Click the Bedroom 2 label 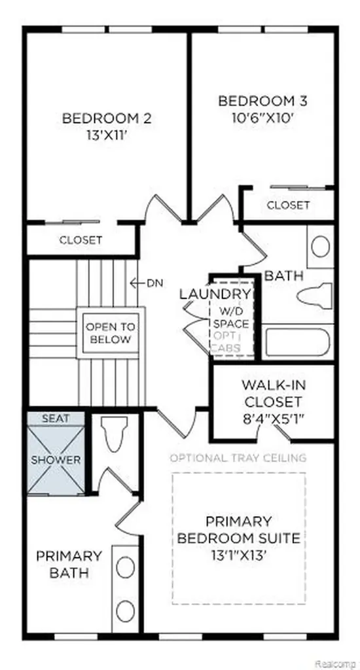(x=107, y=118)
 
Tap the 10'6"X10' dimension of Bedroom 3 (x=263, y=118)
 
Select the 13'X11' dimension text (x=107, y=136)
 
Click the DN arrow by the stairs (x=146, y=283)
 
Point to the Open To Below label (x=111, y=333)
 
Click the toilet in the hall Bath (x=314, y=295)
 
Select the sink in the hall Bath (x=320, y=246)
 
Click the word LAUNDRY (x=215, y=294)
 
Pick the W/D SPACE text (x=231, y=318)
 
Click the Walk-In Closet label (x=272, y=393)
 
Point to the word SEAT (x=56, y=419)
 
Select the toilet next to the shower (x=114, y=433)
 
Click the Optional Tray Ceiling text (x=238, y=457)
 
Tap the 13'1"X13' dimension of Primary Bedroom (x=239, y=555)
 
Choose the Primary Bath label (x=69, y=565)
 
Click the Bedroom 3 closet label (x=288, y=205)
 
